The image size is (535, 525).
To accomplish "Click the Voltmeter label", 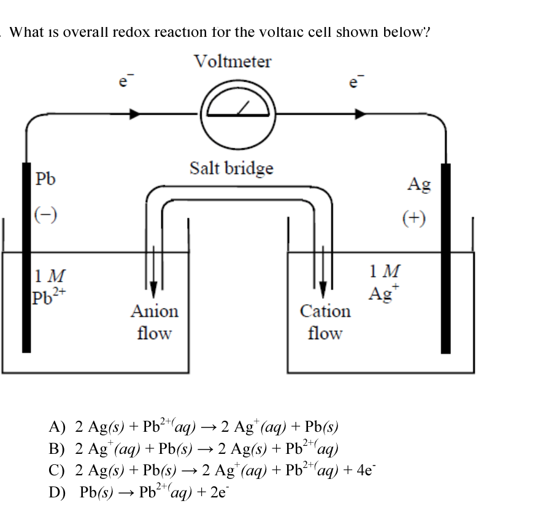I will (x=232, y=61).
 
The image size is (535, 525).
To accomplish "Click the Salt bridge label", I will (x=231, y=167).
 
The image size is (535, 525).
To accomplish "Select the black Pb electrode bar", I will (x=26, y=258).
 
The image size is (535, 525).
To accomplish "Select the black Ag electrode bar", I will (x=446, y=258).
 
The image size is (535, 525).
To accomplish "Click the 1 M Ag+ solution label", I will (x=385, y=283).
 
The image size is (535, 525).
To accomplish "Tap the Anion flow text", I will (x=154, y=322).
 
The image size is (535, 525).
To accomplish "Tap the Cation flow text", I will (x=325, y=322).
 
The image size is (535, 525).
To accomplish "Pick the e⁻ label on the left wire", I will (x=123, y=83).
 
